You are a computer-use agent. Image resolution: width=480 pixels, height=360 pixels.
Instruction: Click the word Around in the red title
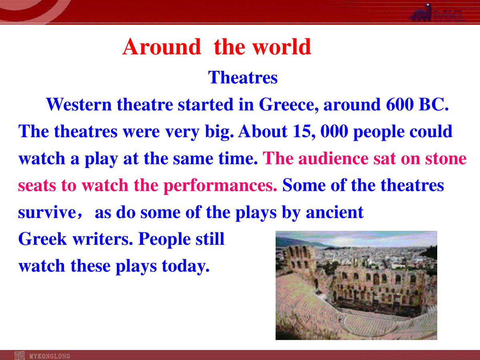coord(162,46)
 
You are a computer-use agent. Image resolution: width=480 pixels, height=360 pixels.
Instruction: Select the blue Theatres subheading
coord(243,77)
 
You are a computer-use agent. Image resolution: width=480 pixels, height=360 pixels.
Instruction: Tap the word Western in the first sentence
coord(79,104)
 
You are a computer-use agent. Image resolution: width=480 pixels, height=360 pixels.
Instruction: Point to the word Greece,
coord(289,105)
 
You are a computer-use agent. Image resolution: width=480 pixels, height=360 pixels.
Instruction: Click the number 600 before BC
coord(400,104)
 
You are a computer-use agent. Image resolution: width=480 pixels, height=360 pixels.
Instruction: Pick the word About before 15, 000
coord(263,131)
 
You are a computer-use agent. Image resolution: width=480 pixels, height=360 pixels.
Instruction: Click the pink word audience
coord(333,158)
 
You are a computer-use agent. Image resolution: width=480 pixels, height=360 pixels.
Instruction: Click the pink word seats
coord(37,186)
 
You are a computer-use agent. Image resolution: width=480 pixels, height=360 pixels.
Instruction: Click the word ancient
coord(334,212)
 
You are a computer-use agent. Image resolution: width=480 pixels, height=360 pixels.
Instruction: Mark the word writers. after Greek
coord(103,239)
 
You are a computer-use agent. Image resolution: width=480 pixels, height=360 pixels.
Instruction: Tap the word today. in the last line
coord(186,267)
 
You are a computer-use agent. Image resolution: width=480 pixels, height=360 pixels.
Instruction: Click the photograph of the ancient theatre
coord(356,285)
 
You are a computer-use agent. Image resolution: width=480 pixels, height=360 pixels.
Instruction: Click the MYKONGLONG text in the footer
coord(50,356)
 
